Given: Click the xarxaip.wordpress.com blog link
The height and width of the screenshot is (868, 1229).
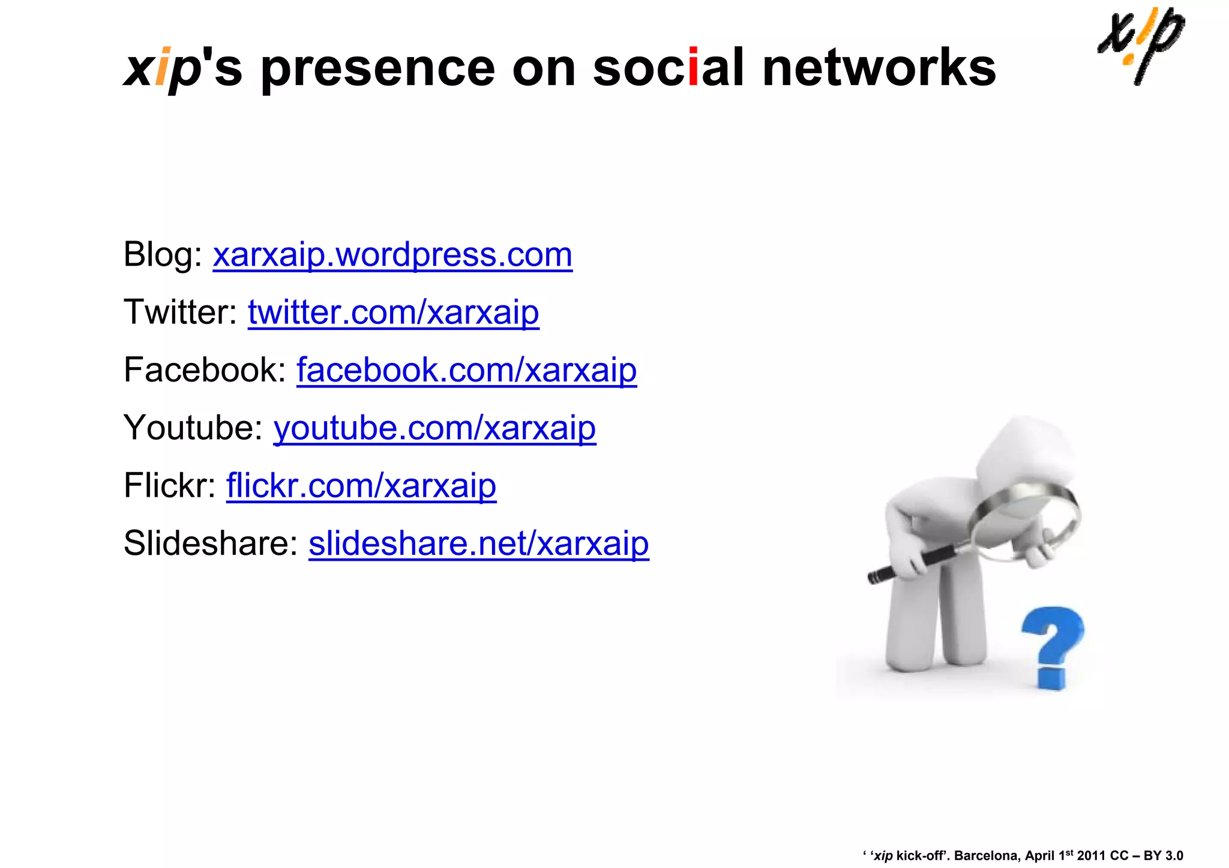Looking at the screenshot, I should (x=392, y=255).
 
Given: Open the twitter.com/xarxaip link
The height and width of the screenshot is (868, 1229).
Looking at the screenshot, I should (x=393, y=313).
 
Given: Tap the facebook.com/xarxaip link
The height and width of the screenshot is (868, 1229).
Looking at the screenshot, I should (x=466, y=370).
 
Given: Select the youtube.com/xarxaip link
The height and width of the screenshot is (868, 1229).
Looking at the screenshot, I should (x=434, y=428).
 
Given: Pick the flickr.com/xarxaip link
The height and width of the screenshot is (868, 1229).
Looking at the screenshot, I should (x=361, y=486).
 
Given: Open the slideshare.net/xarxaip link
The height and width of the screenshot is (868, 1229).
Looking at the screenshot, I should (x=478, y=543).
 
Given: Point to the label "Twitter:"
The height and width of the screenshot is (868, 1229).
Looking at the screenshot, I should (x=181, y=313).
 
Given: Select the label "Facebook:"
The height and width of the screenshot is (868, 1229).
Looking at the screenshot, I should (x=205, y=370).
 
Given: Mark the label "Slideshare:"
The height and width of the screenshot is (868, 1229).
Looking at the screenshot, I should (x=211, y=543).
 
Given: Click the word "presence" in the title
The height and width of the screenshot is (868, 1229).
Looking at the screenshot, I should (x=378, y=68).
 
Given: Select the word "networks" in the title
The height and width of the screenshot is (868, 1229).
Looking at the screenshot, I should (x=879, y=68).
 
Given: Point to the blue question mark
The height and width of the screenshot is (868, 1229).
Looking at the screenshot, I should (x=1052, y=645).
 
